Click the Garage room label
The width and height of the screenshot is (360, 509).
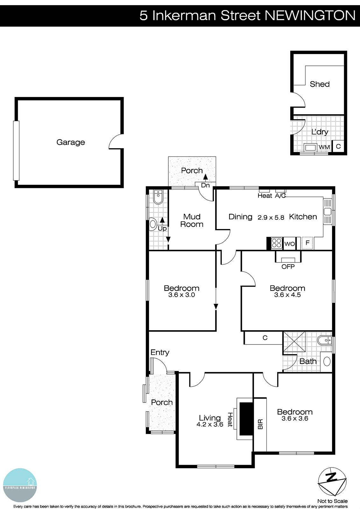[x=71, y=142]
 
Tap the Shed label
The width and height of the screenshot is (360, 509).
[x=320, y=84]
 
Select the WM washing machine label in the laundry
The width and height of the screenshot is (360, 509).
[x=324, y=147]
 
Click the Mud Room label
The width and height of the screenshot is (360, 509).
[x=192, y=220]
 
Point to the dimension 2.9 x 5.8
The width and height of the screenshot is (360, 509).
[x=271, y=218]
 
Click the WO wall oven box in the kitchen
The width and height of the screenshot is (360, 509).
[x=289, y=244]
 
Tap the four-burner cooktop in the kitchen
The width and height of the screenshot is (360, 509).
[x=276, y=243]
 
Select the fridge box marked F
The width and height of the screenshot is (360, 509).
[x=307, y=243]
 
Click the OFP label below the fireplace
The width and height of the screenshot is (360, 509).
[x=288, y=267]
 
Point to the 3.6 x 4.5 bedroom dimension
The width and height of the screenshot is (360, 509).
[x=287, y=295]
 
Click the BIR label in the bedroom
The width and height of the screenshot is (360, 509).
[x=260, y=424]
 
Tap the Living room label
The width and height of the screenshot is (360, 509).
[x=210, y=418]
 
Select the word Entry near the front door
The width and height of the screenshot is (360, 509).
[x=160, y=352]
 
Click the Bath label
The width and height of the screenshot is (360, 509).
[x=308, y=361]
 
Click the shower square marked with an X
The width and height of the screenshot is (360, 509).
[x=294, y=341]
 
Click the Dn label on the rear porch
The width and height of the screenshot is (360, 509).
[x=205, y=185]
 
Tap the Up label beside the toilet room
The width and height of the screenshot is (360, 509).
[x=162, y=228]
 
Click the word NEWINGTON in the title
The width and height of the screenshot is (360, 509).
[x=310, y=15]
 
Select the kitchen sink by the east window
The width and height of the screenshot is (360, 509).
[x=328, y=212]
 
